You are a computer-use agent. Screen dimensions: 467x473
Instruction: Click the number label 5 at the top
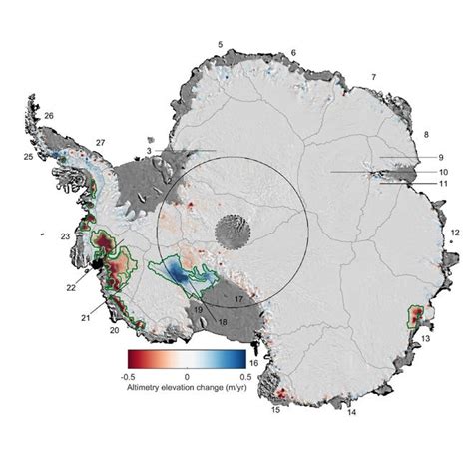220,46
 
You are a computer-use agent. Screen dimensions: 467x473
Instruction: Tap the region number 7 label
374,77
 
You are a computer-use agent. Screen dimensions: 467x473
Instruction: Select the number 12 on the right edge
454,233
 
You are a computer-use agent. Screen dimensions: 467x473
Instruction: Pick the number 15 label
275,410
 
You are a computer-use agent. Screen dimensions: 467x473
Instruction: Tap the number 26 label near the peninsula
49,117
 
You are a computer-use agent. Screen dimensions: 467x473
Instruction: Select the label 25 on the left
28,158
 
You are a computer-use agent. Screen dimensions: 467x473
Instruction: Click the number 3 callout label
149,151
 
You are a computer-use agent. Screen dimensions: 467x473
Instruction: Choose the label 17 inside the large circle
238,299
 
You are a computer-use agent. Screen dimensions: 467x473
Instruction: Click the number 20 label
114,330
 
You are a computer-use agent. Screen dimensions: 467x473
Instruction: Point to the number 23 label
64,236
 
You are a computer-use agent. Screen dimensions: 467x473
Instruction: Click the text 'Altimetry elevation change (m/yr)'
187,388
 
